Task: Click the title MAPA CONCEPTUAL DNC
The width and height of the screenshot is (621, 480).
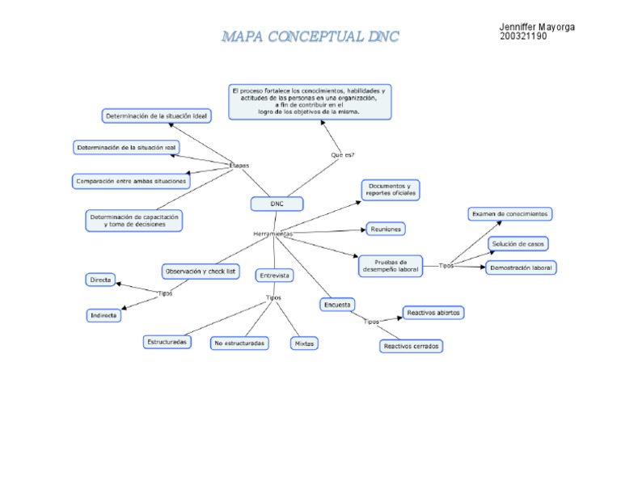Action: [x=310, y=37]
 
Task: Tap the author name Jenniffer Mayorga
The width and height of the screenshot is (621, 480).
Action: [x=537, y=27]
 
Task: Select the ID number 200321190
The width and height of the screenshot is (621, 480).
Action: [x=523, y=37]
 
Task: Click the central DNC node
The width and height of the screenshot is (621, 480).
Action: [x=277, y=204]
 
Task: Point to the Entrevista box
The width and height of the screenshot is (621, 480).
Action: [x=275, y=276]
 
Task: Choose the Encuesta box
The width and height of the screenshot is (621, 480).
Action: [x=337, y=305]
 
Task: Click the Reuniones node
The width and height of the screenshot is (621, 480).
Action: [x=386, y=229]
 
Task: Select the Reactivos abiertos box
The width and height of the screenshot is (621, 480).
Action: [x=433, y=313]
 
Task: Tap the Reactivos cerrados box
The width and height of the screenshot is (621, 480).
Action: [x=412, y=346]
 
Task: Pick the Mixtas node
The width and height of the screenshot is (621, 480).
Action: [x=304, y=343]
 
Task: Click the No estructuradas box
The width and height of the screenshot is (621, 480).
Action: [x=239, y=343]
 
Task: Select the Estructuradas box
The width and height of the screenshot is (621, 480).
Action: [x=168, y=342]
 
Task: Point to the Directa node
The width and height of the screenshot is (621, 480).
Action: [x=101, y=280]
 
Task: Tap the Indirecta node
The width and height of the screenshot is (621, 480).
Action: [x=103, y=315]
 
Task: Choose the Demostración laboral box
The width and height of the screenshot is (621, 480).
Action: [x=522, y=267]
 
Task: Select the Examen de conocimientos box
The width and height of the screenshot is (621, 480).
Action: [x=510, y=214]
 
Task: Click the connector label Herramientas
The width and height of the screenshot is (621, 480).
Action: [x=272, y=234]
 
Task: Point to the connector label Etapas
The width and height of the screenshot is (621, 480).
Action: [x=239, y=165]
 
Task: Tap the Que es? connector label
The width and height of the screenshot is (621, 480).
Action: [x=343, y=154]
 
